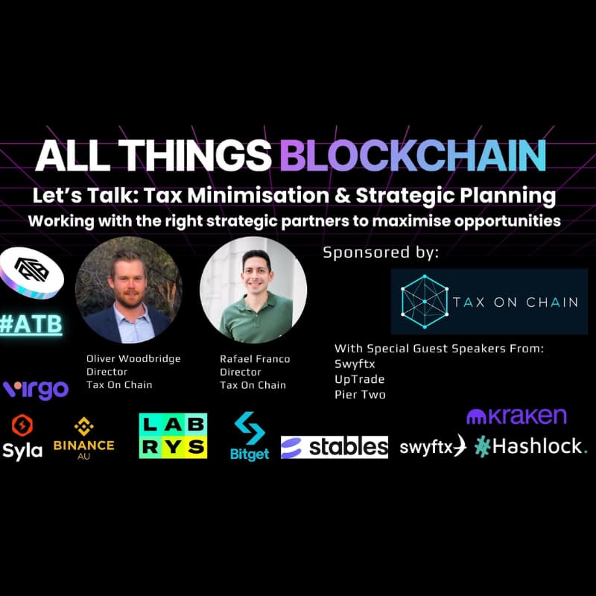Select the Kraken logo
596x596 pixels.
click(516, 416)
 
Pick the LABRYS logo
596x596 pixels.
click(173, 435)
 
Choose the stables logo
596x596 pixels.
click(335, 447)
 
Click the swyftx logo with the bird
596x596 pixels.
click(432, 447)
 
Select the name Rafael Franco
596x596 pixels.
click(255, 359)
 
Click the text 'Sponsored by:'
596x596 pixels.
click(381, 253)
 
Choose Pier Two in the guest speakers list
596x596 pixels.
click(360, 394)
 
